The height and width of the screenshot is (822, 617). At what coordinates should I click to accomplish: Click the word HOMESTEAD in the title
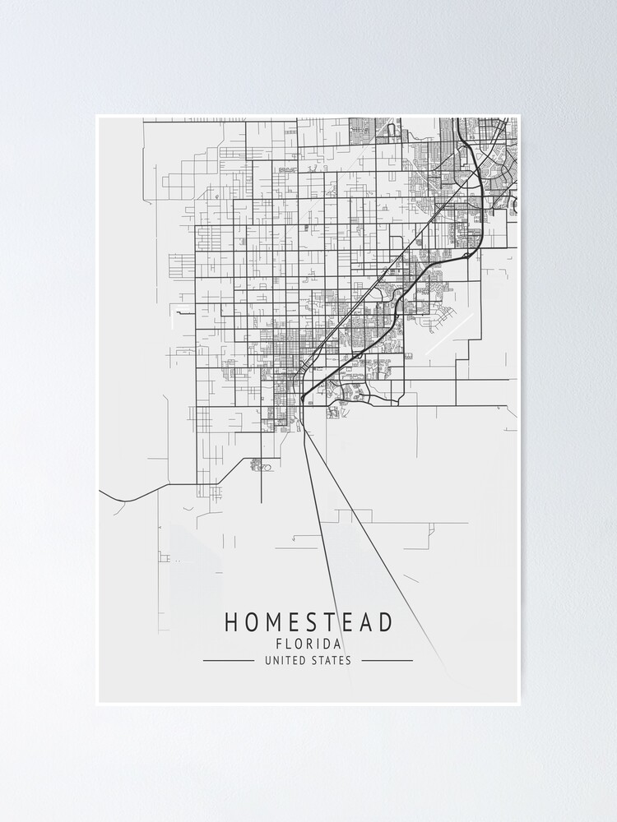308,622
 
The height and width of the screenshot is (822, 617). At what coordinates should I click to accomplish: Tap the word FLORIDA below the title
308,644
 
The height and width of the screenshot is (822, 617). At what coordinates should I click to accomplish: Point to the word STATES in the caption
331,660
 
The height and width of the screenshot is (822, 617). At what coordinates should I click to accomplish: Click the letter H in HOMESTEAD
232,622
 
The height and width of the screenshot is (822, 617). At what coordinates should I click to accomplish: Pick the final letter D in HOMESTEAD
387,622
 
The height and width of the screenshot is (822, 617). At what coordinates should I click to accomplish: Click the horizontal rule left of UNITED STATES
228,660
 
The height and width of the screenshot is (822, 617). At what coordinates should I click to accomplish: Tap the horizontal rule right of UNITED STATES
387,660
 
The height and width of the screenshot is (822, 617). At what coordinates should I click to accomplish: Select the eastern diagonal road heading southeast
370,526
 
